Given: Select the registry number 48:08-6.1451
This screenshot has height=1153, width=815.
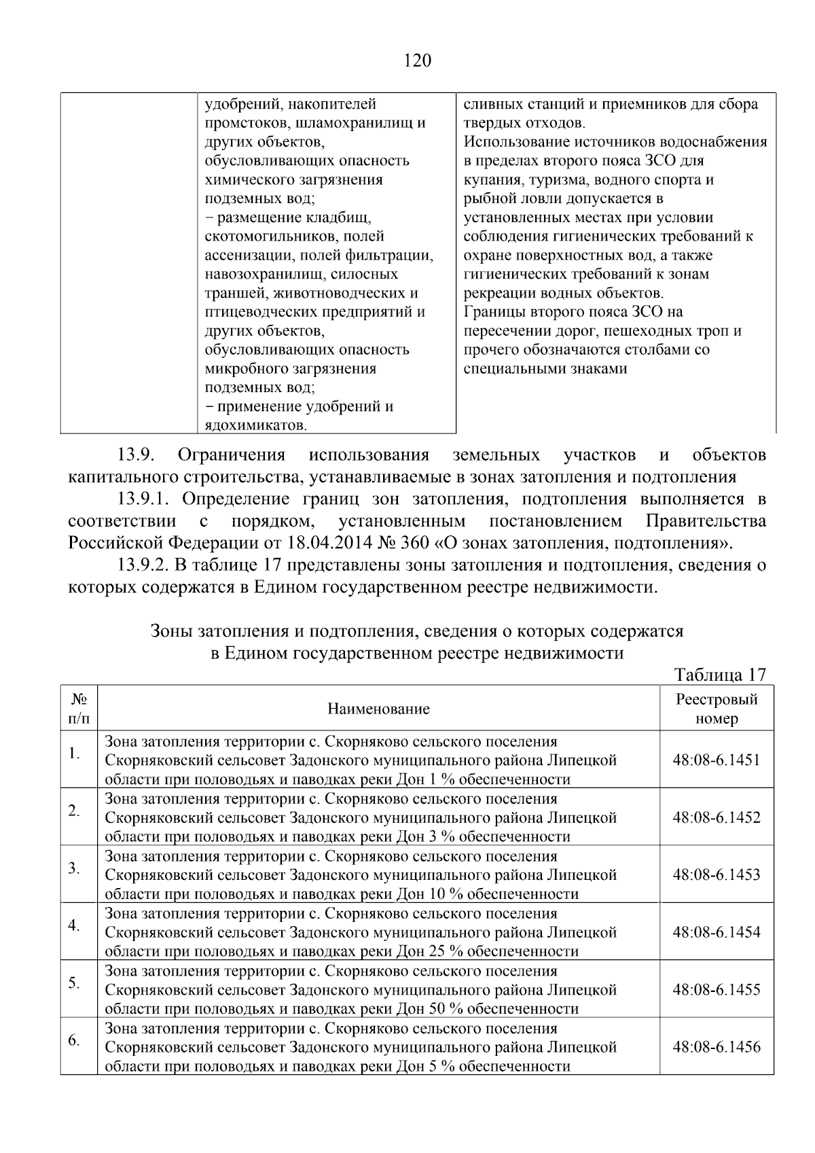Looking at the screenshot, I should tap(716, 760).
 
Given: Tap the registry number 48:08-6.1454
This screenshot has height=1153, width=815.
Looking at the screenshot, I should tap(716, 932).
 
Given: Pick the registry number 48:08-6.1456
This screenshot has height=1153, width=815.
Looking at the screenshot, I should tap(716, 1046).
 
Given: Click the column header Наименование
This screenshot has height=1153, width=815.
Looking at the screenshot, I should tap(378, 709).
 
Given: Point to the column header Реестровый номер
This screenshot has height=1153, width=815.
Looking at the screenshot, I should tap(716, 709).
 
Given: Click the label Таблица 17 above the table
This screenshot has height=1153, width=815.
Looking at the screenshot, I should tap(720, 675).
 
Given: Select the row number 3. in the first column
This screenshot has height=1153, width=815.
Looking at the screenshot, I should tap(75, 868).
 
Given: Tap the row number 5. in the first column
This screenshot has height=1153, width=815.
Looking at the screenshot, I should tap(75, 982).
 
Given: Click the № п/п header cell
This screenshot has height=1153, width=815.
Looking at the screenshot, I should tap(79, 709).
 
